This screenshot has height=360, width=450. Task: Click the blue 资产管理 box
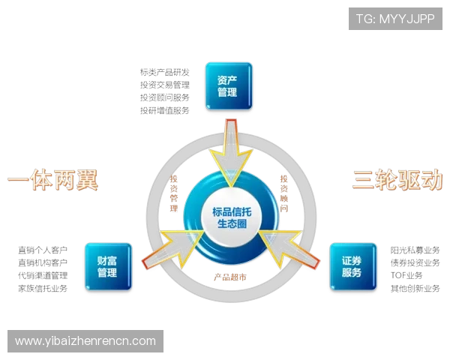[227, 85]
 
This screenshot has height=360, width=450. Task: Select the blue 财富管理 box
[107, 266]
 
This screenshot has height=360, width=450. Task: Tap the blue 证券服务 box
[351, 266]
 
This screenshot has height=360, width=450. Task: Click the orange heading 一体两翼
[52, 180]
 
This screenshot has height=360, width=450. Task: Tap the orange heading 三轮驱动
[395, 180]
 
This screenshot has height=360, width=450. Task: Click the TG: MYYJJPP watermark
[395, 19]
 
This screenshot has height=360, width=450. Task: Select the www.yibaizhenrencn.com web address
[85, 341]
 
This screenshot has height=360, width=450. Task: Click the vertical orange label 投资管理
[174, 193]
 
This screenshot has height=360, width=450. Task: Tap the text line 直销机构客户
[44, 262]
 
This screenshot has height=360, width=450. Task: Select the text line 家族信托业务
[44, 287]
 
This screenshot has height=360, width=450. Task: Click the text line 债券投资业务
[415, 262]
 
